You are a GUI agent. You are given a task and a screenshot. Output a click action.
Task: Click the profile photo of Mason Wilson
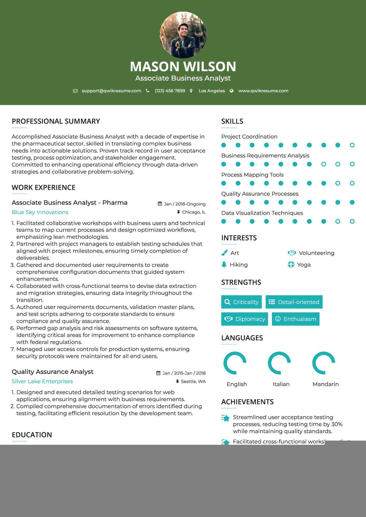click(183, 35)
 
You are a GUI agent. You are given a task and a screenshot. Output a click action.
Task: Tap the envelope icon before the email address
click(75, 91)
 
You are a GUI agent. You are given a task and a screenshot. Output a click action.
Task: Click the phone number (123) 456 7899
click(170, 91)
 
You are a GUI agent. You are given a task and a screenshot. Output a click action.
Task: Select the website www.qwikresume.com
click(263, 91)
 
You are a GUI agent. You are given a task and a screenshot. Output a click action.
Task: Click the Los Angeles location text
click(211, 91)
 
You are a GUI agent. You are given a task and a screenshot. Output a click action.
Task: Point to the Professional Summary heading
click(56, 121)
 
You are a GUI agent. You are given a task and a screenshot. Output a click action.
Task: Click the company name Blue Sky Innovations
click(40, 212)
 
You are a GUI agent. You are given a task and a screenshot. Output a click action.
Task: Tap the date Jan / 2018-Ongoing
click(184, 204)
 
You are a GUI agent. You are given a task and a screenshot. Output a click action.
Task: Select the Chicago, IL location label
click(194, 212)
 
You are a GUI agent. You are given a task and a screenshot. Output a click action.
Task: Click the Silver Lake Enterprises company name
click(42, 381)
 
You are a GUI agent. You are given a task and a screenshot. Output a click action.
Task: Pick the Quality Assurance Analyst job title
click(52, 372)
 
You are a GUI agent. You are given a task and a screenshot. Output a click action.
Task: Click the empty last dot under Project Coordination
click(352, 145)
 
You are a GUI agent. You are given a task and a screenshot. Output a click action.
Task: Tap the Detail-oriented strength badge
click(294, 302)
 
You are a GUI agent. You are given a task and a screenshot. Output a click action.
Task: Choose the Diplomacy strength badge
click(245, 319)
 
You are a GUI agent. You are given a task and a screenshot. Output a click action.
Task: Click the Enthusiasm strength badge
click(296, 319)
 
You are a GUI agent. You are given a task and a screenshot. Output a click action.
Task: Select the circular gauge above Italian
click(279, 363)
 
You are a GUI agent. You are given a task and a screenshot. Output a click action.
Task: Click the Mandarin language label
click(325, 384)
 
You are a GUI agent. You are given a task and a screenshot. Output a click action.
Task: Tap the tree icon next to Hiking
click(224, 264)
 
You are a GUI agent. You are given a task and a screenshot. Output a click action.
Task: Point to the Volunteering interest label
click(316, 253)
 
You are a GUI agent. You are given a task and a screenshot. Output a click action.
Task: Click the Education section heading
click(32, 435)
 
